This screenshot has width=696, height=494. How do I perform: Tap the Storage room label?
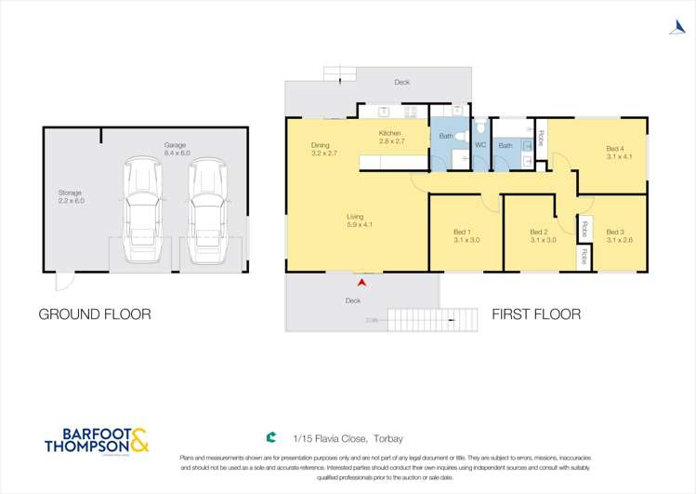pyautogui.click(x=71, y=197)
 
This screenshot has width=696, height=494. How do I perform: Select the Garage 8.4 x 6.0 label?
pyautogui.click(x=176, y=150)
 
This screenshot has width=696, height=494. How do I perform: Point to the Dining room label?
pyautogui.click(x=321, y=149)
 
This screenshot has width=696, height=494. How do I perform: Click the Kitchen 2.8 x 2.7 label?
pyautogui.click(x=391, y=138)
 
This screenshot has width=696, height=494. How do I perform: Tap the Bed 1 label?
pyautogui.click(x=462, y=235)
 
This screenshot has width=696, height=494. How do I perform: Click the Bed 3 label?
pyautogui.click(x=615, y=235)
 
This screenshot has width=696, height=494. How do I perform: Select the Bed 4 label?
pyautogui.click(x=615, y=153)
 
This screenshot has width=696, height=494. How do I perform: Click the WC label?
pyautogui.click(x=480, y=145)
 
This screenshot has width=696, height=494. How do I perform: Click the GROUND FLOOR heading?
pyautogui.click(x=94, y=314)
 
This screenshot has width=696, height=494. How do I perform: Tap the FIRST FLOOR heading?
pyautogui.click(x=536, y=314)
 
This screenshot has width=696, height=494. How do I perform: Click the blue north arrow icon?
pyautogui.click(x=676, y=27)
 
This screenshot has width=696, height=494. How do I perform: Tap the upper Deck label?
pyautogui.click(x=401, y=83)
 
